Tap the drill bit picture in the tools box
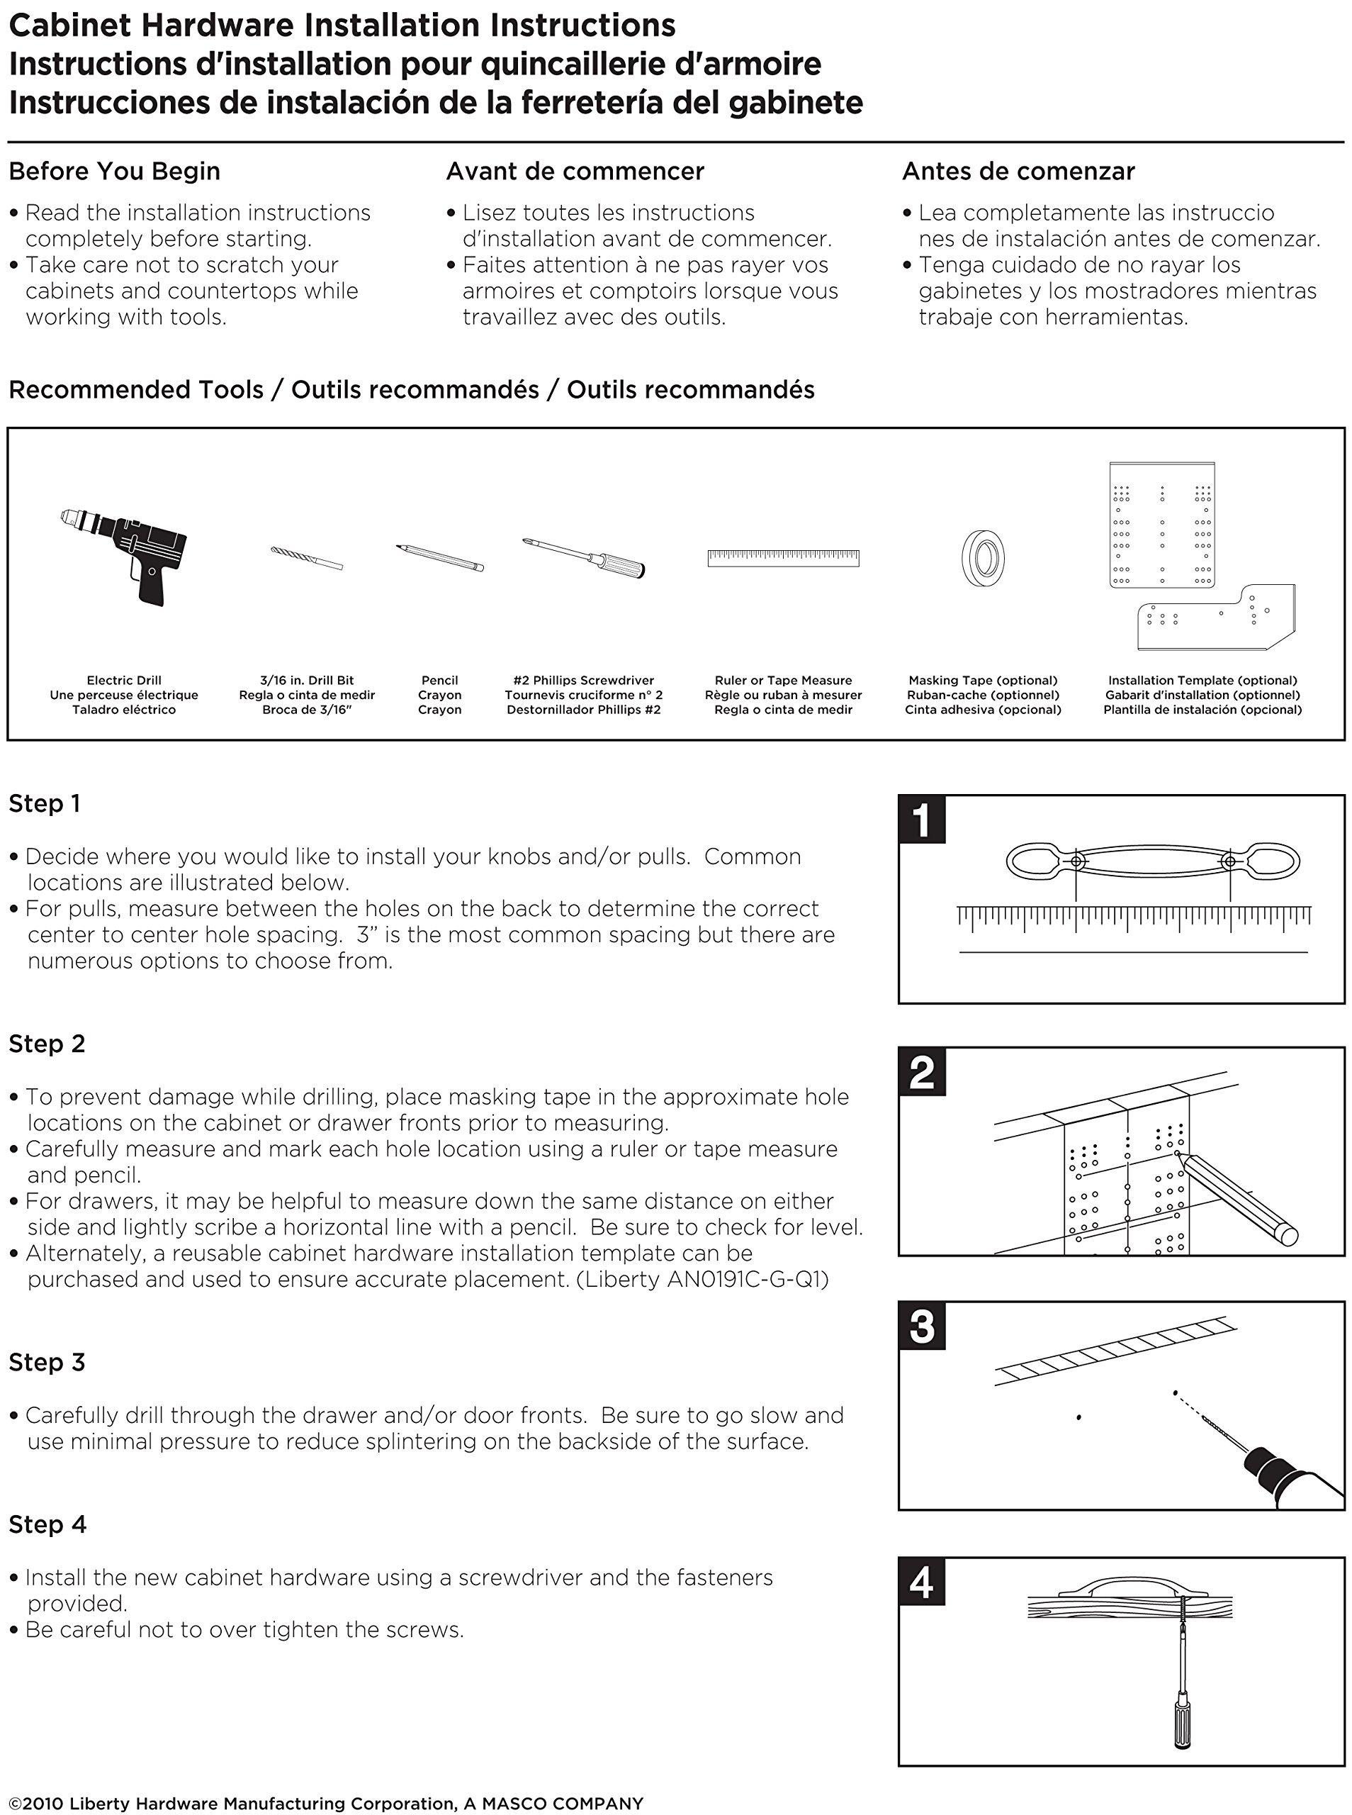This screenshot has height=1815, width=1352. pos(307,557)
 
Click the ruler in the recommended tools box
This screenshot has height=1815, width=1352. pos(783,559)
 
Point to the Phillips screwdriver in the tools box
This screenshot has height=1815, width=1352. pos(583,557)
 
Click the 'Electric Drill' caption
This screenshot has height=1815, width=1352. pos(123,681)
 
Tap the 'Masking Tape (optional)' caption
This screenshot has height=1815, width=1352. pos(983,681)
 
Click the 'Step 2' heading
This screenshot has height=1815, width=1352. pos(47,1044)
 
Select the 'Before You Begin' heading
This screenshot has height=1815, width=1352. pos(115,171)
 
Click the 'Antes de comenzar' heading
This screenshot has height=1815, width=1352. pos(1018,171)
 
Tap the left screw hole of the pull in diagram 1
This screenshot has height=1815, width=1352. pos(1077,861)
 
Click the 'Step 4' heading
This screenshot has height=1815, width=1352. pos(47,1524)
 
